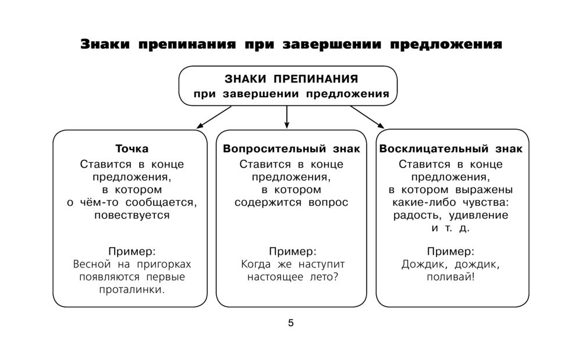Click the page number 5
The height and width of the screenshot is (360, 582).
tap(291, 323)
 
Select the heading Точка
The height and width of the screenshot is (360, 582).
tap(132, 149)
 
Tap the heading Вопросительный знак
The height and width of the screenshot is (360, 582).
tap(291, 149)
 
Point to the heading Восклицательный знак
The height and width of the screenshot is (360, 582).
tap(450, 149)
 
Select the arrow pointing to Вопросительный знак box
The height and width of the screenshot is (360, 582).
tap(287, 116)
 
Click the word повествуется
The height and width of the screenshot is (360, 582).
tap(132, 215)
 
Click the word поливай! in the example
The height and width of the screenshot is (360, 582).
tap(450, 277)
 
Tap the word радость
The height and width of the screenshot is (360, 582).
tap(416, 215)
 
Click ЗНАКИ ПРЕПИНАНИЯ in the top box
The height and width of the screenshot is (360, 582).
tap(291, 79)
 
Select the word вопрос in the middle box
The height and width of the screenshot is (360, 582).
tap(327, 202)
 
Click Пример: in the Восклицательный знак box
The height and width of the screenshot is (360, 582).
tap(450, 251)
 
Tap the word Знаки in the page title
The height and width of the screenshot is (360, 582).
tap(105, 45)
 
